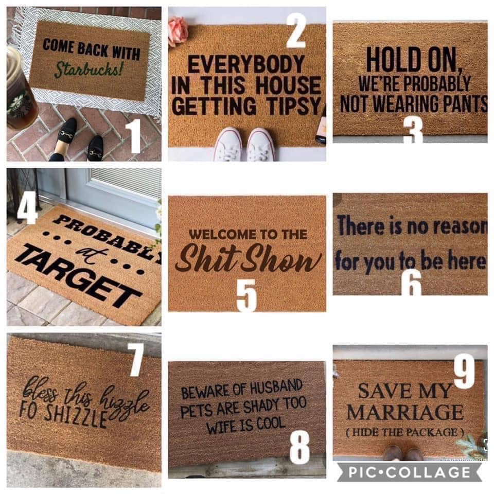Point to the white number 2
pos(296,31)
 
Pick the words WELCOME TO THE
pos(248,235)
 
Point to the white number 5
pos(246,295)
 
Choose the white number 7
pos(136,360)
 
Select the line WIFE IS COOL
pos(246,425)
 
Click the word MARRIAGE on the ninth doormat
pos(405,412)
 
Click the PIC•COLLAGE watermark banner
pos(410,472)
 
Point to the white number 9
pos(464,371)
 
